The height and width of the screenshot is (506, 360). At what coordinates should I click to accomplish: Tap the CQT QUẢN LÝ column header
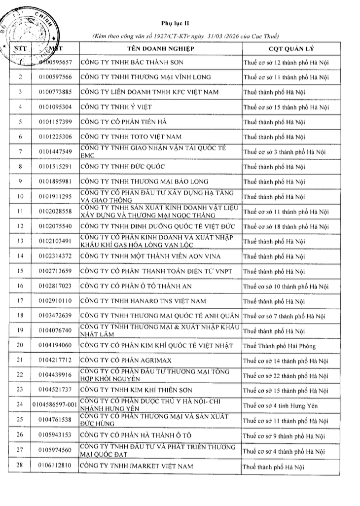click(x=286, y=50)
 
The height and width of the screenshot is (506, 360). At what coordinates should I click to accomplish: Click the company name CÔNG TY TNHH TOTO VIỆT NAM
click(x=131, y=137)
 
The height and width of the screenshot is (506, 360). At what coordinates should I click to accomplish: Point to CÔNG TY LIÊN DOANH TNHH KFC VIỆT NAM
click(x=149, y=92)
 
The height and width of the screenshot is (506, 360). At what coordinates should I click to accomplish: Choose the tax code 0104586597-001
click(x=54, y=405)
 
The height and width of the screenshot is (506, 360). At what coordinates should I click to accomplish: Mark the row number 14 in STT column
click(x=20, y=256)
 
